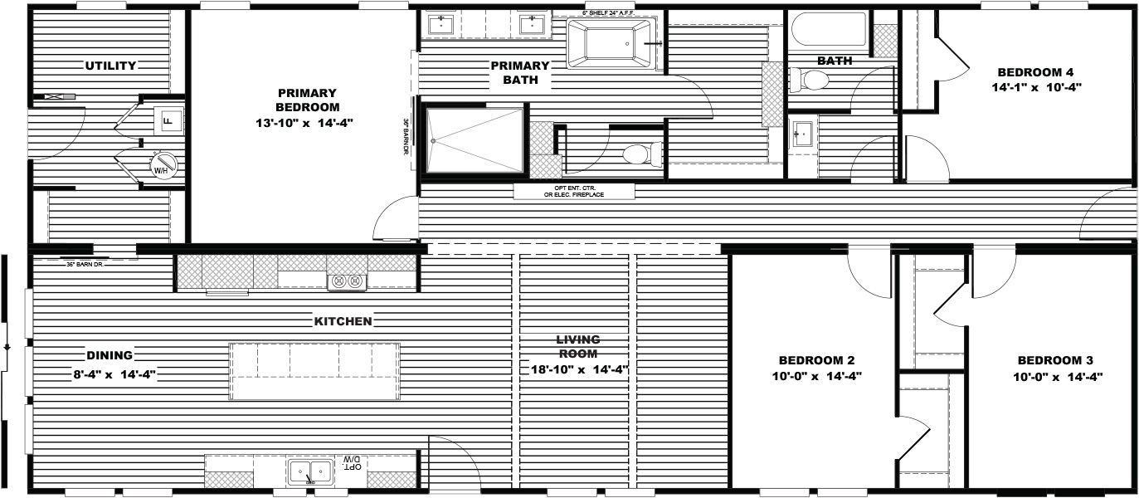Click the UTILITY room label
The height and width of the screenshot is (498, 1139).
[x=110, y=66]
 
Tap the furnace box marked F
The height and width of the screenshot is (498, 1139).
[x=168, y=121]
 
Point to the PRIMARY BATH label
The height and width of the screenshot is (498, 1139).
[x=520, y=73]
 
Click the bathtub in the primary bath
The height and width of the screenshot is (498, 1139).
[x=611, y=43]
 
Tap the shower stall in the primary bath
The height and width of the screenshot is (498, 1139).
[x=475, y=141]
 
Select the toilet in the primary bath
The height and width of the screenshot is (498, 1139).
[x=641, y=154]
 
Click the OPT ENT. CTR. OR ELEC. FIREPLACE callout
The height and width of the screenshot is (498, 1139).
[x=574, y=192]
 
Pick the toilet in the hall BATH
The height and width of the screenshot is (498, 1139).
[x=810, y=81]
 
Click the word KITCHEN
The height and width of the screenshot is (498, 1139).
[x=343, y=321]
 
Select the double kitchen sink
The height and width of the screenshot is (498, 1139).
[x=310, y=471]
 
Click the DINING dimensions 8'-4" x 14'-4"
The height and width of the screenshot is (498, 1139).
[x=114, y=374]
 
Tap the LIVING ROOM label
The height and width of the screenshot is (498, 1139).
[x=578, y=347]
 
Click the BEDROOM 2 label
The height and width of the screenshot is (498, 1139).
[x=816, y=360]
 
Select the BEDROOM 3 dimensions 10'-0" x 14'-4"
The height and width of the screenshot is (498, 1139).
[x=1055, y=375]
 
